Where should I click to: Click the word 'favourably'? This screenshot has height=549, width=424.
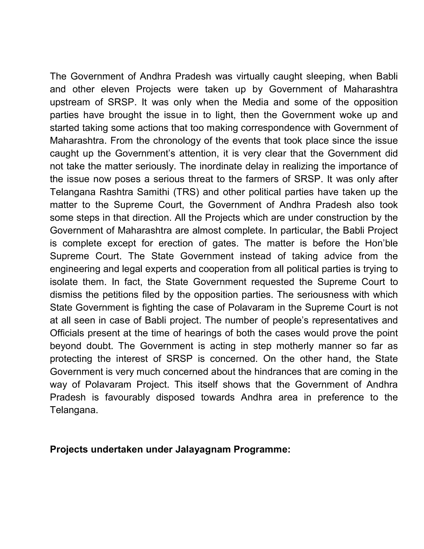point(127,397)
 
